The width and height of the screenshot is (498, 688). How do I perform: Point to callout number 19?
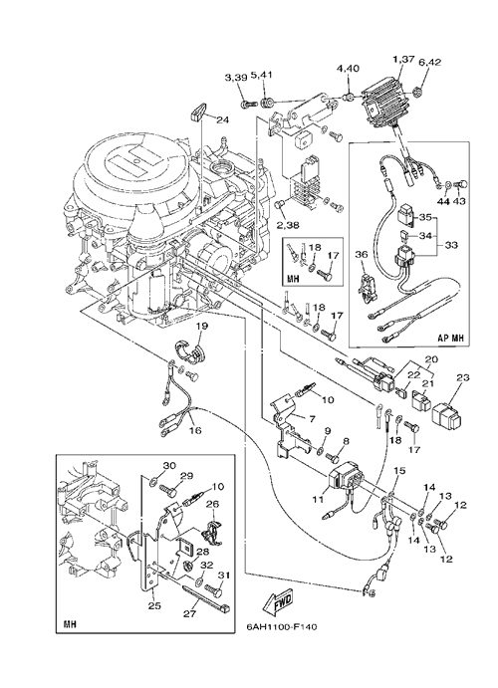coord(202,327)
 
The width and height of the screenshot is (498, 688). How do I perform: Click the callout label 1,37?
coord(402,59)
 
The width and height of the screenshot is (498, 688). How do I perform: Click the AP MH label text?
coord(450,339)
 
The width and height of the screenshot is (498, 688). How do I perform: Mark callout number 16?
coord(195,430)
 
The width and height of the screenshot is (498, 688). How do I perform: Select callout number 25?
coord(154,606)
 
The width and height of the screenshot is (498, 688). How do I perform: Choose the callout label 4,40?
coord(348,69)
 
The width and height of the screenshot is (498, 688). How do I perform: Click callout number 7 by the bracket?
coord(312,419)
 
